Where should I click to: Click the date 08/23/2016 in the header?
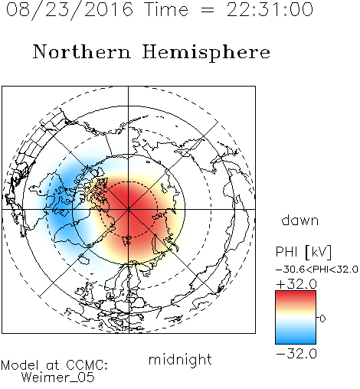(x=70, y=10)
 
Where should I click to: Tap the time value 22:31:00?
(x=270, y=9)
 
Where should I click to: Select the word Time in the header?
(x=166, y=9)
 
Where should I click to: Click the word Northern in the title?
(x=82, y=51)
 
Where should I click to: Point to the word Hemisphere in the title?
(x=206, y=52)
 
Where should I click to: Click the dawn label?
(x=300, y=220)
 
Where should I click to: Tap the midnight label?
(x=180, y=359)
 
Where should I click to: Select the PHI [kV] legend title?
(x=303, y=252)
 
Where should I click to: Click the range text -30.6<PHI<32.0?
(x=317, y=270)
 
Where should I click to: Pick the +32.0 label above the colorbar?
(x=296, y=284)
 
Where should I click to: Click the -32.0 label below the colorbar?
(x=296, y=354)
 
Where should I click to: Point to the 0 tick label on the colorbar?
(x=322, y=319)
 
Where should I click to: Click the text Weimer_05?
(x=58, y=378)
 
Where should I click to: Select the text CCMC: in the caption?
(x=87, y=365)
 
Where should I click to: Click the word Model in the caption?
(x=20, y=365)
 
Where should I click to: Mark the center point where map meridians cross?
(x=128, y=209)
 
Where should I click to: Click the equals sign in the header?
(x=208, y=10)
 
